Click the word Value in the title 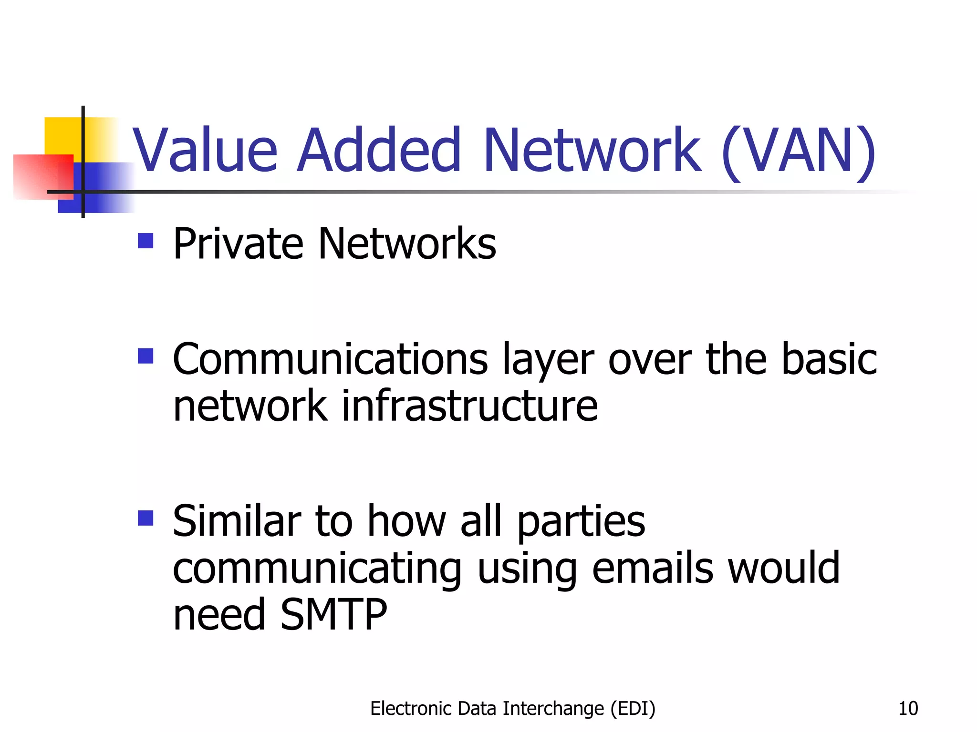pos(205,150)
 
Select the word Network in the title pos(592,150)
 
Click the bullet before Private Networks pos(146,241)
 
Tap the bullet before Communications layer pos(146,356)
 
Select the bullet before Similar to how pos(146,518)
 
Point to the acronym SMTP pos(333,615)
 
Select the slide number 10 pos(908,709)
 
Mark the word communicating pos(317,570)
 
